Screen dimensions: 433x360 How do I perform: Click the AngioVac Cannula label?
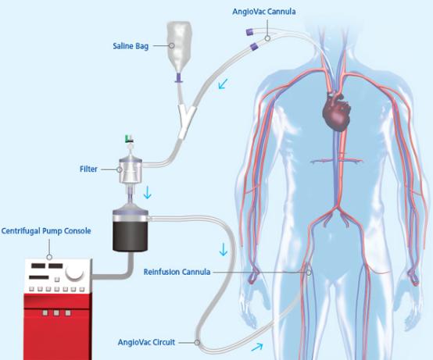pos(264,12)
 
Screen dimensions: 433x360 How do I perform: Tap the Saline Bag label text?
pos(131,46)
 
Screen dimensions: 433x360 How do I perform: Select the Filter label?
pos(88,169)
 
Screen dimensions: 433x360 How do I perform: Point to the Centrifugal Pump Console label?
pos(46,231)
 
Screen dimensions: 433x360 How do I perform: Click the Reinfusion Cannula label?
pos(177,272)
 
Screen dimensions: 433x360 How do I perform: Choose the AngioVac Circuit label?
pos(146,342)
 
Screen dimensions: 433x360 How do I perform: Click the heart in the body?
pos(337,112)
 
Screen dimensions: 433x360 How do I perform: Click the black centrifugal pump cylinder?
pos(131,233)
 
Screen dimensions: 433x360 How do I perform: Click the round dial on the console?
pos(74,272)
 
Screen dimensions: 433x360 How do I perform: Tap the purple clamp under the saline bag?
pos(179,77)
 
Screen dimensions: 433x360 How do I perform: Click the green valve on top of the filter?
pos(129,139)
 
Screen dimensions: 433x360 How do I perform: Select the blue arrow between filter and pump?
pos(148,193)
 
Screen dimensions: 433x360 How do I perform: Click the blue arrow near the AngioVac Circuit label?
pos(257,347)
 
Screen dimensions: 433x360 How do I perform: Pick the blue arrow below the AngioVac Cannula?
pos(223,84)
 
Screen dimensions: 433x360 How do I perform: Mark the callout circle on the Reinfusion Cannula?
pos(309,273)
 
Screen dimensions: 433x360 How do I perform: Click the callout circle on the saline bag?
pos(172,45)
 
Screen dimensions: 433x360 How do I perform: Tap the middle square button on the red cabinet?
pos(56,313)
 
